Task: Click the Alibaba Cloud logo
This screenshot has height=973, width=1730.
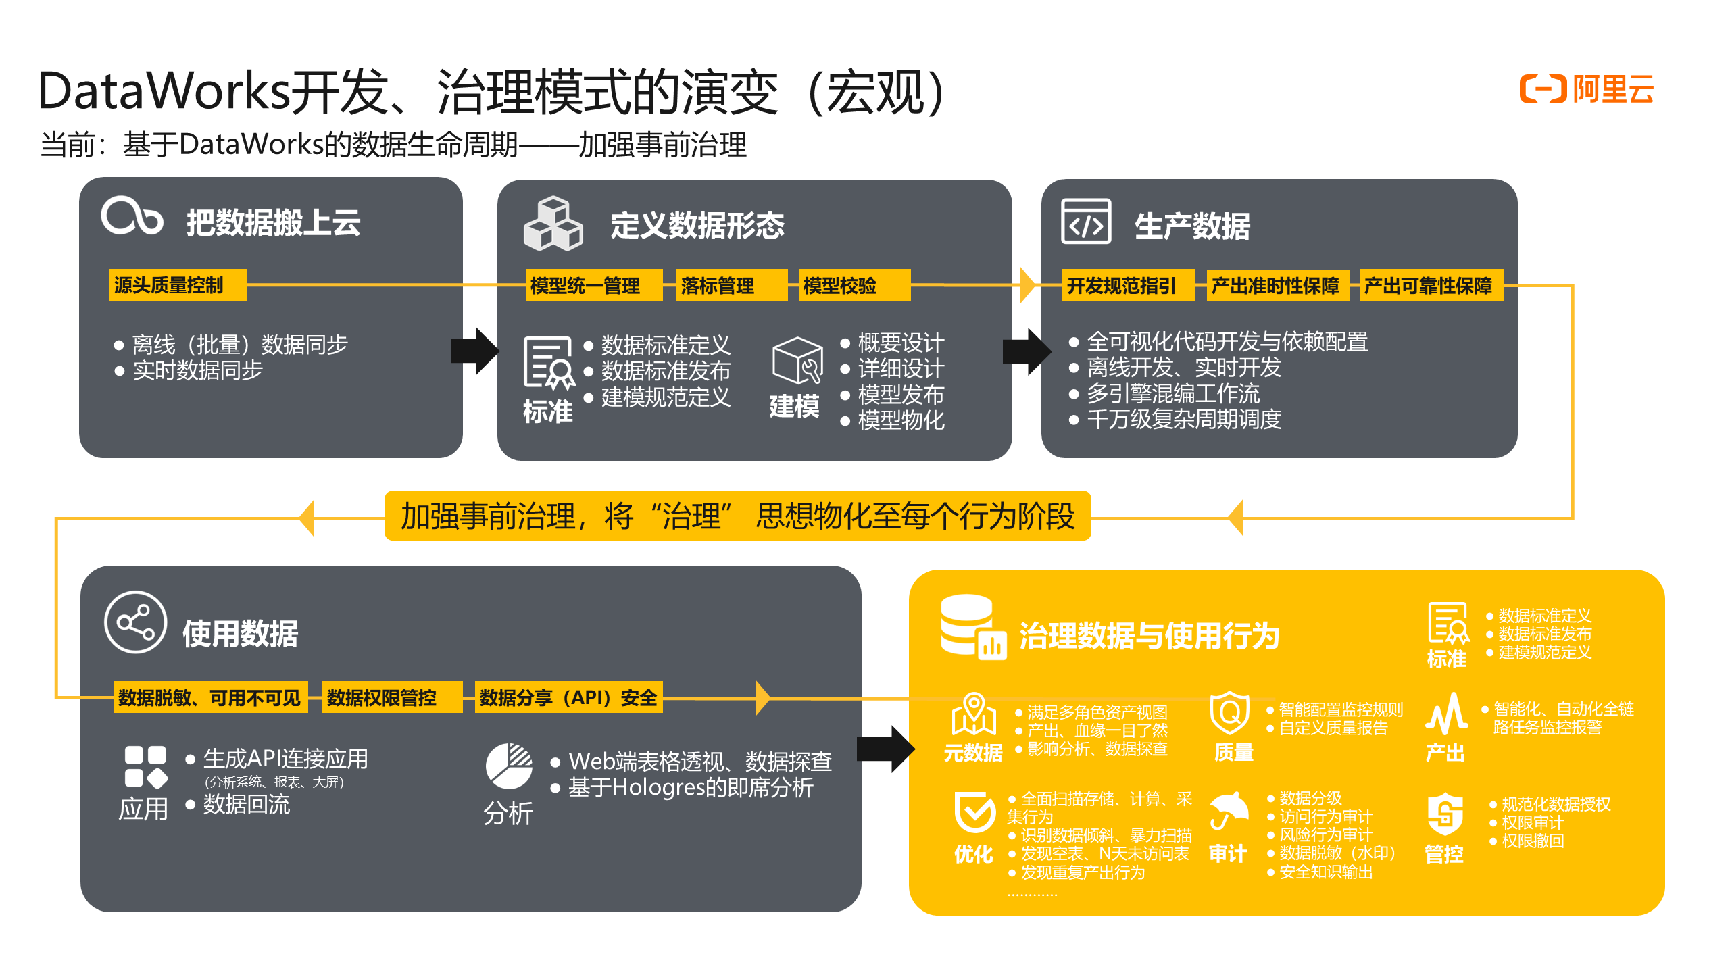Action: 1585,89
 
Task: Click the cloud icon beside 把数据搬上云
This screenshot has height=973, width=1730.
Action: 132,216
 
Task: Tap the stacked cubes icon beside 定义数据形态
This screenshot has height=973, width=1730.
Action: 553,224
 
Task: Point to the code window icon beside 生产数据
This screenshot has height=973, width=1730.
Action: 1086,222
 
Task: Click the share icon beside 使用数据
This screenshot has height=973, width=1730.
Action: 135,622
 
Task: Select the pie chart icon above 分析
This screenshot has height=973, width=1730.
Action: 509,766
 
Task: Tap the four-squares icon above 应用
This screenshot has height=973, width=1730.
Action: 145,767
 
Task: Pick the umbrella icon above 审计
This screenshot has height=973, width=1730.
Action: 1228,810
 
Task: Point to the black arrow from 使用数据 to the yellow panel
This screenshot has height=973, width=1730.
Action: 885,749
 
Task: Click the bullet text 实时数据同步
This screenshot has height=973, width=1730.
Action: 197,370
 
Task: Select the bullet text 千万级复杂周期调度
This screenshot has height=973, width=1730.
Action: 1183,420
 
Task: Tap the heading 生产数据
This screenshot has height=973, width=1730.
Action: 1192,226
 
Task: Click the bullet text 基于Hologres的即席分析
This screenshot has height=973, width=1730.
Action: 691,788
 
